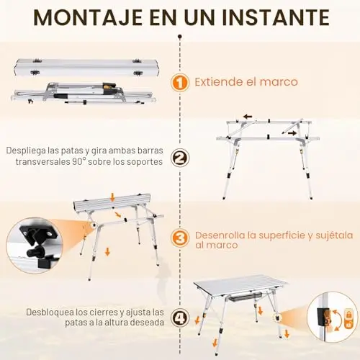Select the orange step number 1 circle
pyautogui.click(x=180, y=83)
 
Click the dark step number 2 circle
pyautogui.click(x=180, y=158)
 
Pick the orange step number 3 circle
pyautogui.click(x=180, y=238)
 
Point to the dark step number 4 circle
pyautogui.click(x=180, y=318)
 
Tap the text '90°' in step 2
pyautogui.click(x=79, y=161)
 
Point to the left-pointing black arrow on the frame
pyautogui.click(x=248, y=117)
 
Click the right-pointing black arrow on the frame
pyautogui.click(x=292, y=133)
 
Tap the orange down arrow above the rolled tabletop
pyautogui.click(x=112, y=197)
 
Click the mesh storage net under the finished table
pyautogui.click(x=245, y=298)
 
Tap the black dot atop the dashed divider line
pyautogui.click(x=180, y=37)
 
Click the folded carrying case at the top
pyautogui.click(x=86, y=67)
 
